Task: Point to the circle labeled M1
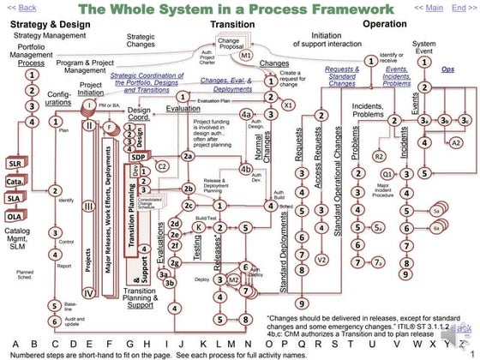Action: coord(245,54)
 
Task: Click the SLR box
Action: coord(15,162)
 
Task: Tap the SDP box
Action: coord(138,158)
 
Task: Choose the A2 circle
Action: coord(455,141)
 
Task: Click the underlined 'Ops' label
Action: coord(447,69)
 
